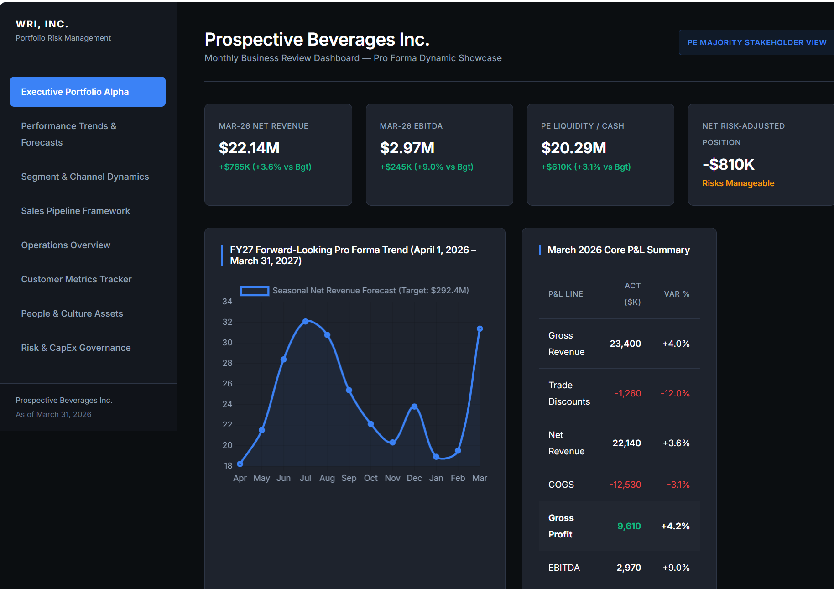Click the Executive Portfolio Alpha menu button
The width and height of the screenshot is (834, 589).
[x=88, y=92]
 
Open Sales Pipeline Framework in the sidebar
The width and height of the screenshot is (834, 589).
[x=75, y=211]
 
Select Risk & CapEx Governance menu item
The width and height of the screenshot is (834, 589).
[x=76, y=348]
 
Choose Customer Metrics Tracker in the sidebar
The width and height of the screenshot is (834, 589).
[x=76, y=279]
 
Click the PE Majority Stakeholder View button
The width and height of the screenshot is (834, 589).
[x=756, y=42]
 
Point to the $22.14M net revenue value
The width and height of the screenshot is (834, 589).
[x=249, y=148]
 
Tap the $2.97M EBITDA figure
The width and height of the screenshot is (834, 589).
[x=407, y=148]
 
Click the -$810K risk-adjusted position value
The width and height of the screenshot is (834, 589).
[x=728, y=164]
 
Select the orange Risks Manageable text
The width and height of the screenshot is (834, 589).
[x=738, y=183]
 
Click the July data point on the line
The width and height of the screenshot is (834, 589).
[x=305, y=322]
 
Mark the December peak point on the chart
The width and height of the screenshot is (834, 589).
[x=414, y=407]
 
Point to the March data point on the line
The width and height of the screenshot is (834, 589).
[x=480, y=329]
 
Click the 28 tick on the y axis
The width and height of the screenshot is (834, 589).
[x=227, y=363]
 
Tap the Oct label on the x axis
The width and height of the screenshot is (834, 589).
[x=370, y=478]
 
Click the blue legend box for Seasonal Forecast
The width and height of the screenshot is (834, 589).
[x=255, y=291]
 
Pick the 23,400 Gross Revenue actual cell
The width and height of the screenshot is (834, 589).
[x=625, y=344]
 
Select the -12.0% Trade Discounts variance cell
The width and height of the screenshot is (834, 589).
[x=675, y=393]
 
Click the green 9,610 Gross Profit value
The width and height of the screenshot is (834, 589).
[x=629, y=526]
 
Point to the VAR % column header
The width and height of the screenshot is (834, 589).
[x=677, y=294]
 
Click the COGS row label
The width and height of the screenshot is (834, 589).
[x=561, y=485]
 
